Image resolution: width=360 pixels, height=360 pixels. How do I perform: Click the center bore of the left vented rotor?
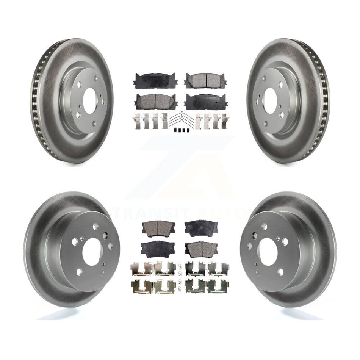point(89,101)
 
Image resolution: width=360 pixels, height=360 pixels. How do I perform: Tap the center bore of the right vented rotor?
point(271,101)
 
